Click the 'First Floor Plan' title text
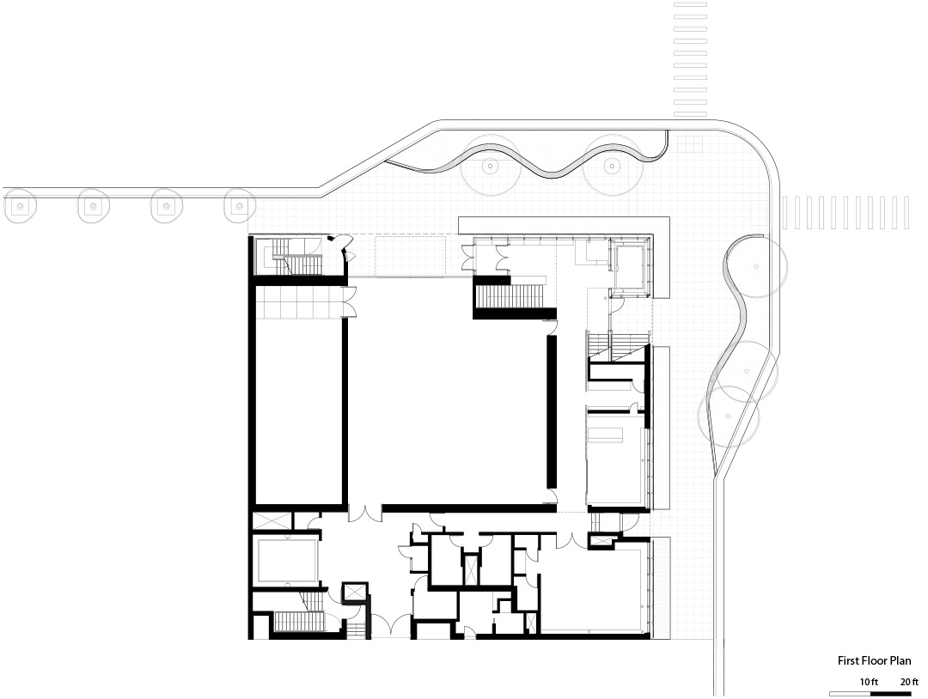[x=874, y=660]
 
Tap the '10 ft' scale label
[x=869, y=682]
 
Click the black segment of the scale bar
[x=891, y=693]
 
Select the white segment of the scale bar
[x=850, y=693]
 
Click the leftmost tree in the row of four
[x=20, y=206]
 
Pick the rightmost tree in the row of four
[x=239, y=206]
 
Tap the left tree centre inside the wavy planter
[x=490, y=167]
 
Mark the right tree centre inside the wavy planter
[x=613, y=167]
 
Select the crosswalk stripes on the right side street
[x=846, y=212]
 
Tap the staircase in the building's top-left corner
[x=296, y=258]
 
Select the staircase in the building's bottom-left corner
[x=300, y=622]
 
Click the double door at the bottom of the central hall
[x=365, y=513]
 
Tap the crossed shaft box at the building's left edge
[x=271, y=521]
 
